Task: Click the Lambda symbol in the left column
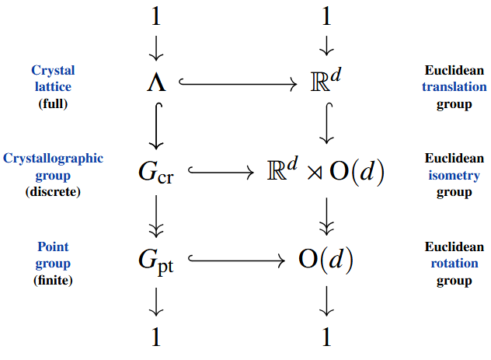[156, 82]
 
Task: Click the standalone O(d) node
[326, 261]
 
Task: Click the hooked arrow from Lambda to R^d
[238, 82]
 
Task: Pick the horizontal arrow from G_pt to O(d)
[236, 261]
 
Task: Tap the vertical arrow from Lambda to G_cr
[156, 126]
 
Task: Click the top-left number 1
[156, 18]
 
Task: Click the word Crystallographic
[53, 158]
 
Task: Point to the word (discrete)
[53, 191]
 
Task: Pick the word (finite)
[53, 280]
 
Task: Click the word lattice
[53, 87]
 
